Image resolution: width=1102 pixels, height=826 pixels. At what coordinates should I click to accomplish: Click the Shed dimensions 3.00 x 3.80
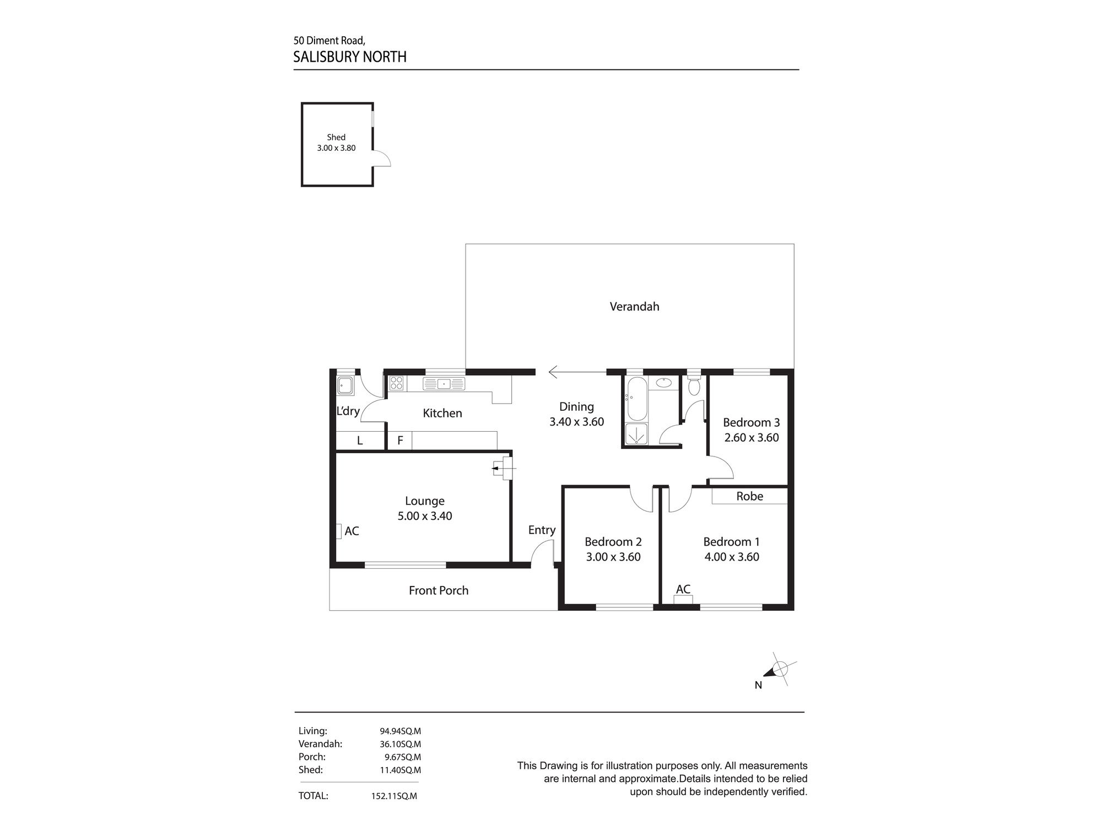pyautogui.click(x=336, y=148)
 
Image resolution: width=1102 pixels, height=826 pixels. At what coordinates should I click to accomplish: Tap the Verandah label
pyautogui.click(x=634, y=307)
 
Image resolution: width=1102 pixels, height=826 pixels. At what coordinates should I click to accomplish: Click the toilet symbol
pyautogui.click(x=694, y=386)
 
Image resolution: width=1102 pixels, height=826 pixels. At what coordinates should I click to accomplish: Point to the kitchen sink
pyautogui.click(x=444, y=384)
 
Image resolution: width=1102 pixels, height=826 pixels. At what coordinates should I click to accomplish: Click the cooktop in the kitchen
pyautogui.click(x=397, y=383)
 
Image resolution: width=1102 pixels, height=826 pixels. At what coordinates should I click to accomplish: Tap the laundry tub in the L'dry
pyautogui.click(x=345, y=386)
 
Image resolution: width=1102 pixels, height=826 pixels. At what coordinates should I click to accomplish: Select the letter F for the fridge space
pyautogui.click(x=401, y=441)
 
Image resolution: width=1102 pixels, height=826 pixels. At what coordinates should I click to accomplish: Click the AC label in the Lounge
pyautogui.click(x=352, y=531)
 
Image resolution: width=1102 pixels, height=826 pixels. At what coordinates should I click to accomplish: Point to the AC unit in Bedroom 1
pyautogui.click(x=683, y=600)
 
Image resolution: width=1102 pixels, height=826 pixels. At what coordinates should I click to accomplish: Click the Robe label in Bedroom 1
pyautogui.click(x=749, y=496)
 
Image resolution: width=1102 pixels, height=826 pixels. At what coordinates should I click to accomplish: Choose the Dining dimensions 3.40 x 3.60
pyautogui.click(x=576, y=422)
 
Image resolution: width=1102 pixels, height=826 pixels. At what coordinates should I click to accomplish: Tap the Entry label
pyautogui.click(x=542, y=530)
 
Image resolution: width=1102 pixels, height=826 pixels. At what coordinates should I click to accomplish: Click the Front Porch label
pyautogui.click(x=439, y=590)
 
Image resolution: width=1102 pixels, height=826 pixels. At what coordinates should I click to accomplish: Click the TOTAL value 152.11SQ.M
pyautogui.click(x=394, y=796)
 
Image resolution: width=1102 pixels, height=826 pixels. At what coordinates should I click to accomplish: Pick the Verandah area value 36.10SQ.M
pyautogui.click(x=400, y=744)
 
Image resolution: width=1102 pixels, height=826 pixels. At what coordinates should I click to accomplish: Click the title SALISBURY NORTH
pyautogui.click(x=350, y=57)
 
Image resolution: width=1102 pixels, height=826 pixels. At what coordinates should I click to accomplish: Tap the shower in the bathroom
pyautogui.click(x=636, y=433)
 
